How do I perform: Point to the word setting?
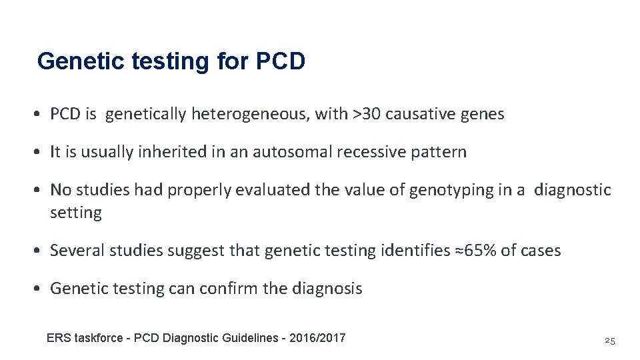76,213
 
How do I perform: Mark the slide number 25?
609,341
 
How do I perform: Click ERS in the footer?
58,338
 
